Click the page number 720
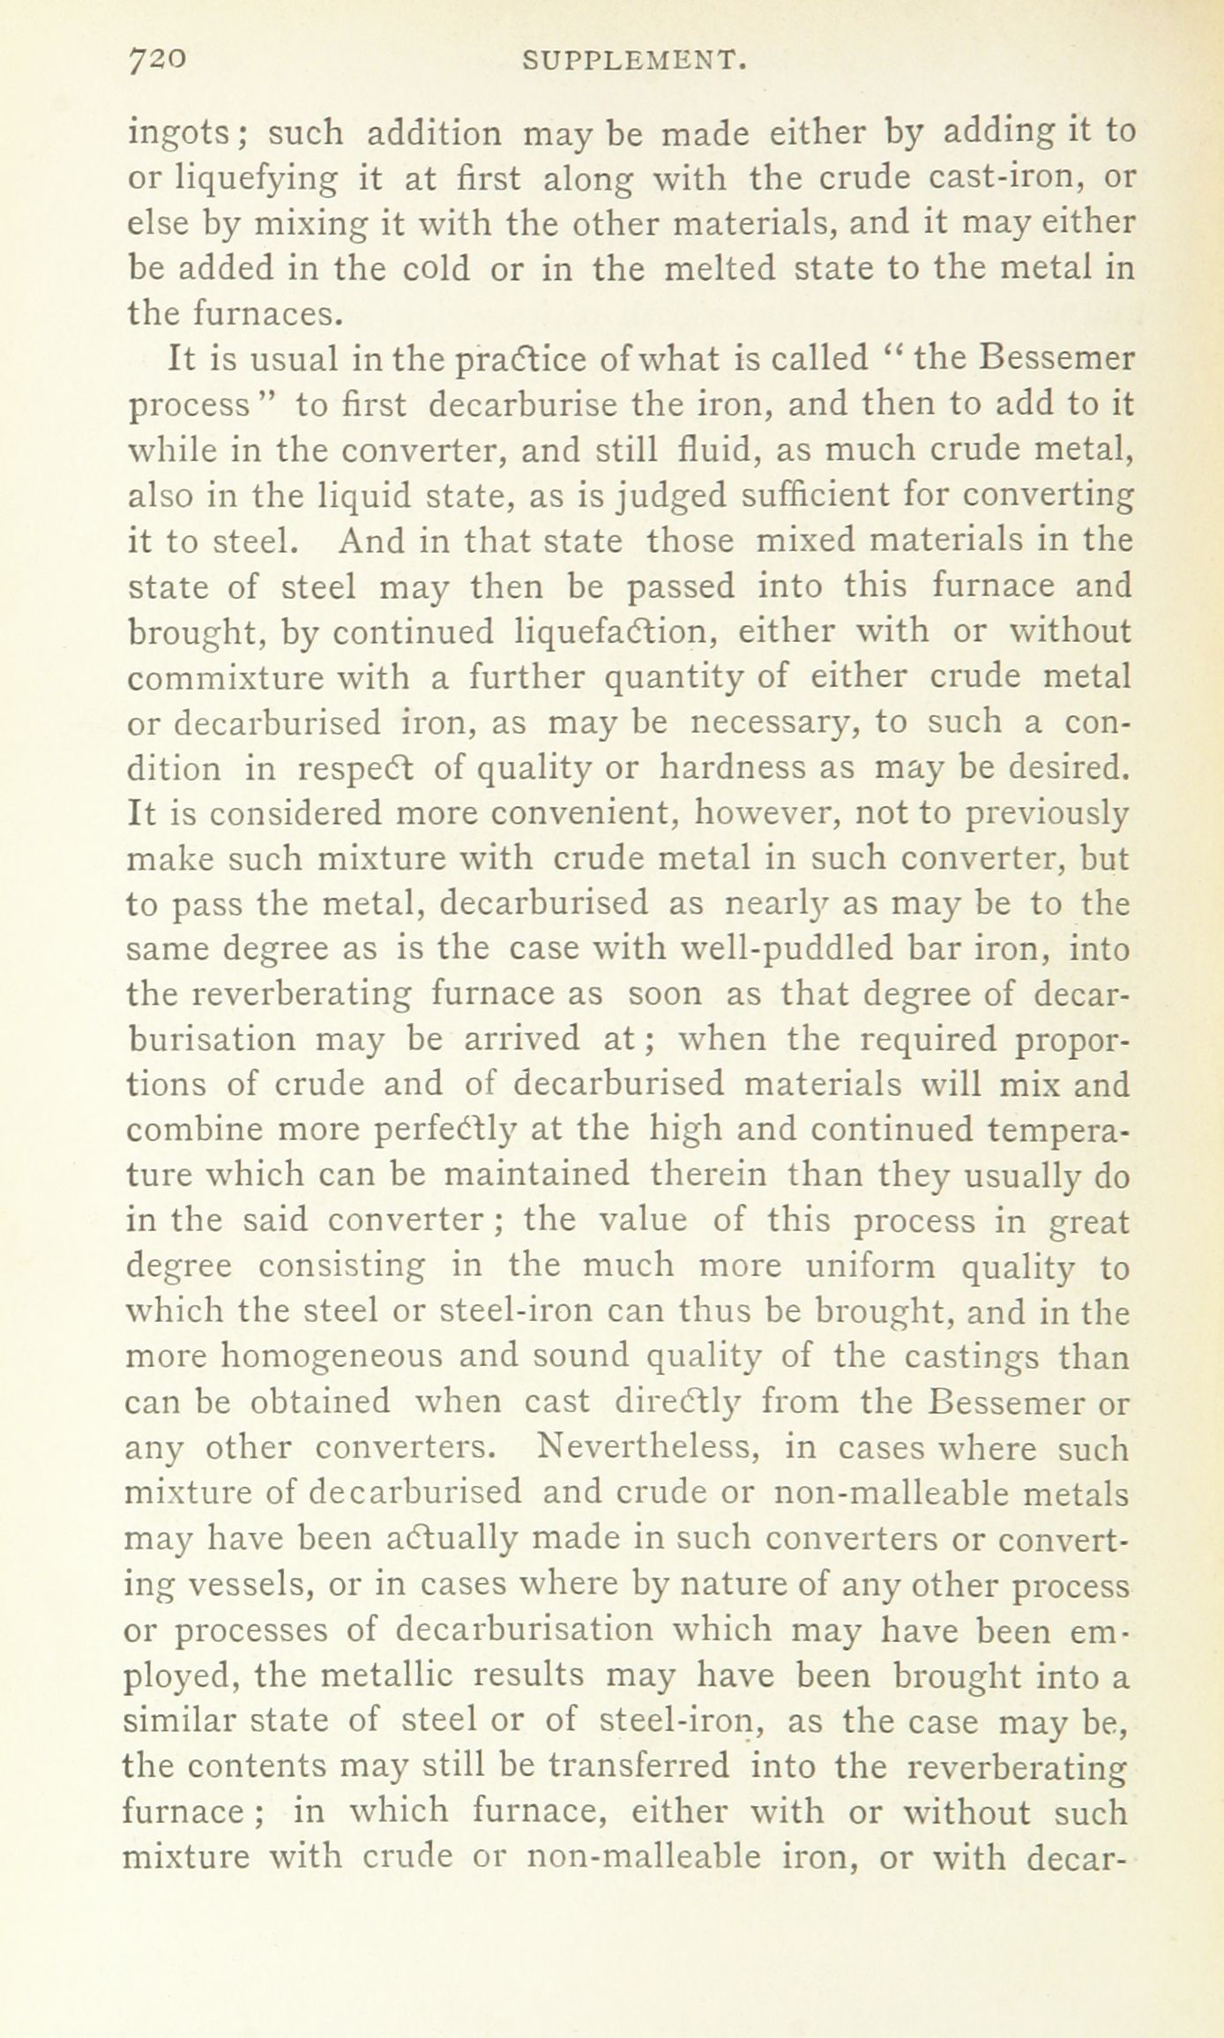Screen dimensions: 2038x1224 coord(156,59)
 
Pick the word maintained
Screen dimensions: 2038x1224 coord(536,1175)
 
